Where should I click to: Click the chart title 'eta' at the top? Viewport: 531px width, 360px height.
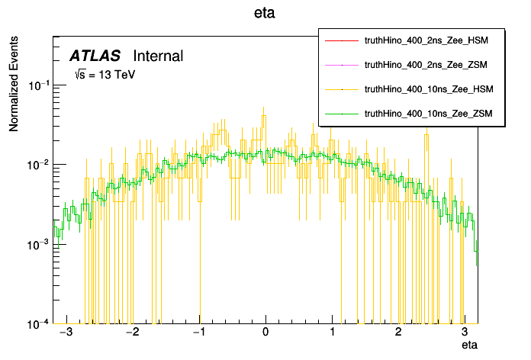tap(265, 13)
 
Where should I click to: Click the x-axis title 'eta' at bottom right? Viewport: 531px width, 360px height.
tap(470, 346)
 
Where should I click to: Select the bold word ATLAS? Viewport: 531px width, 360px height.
tap(95, 56)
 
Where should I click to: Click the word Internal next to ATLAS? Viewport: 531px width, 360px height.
tap(158, 56)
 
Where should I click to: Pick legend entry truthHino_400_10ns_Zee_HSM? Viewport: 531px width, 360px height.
tap(430, 89)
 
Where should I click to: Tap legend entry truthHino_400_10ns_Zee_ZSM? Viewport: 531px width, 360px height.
tap(430, 114)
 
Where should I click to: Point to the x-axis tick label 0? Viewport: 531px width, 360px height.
tap(265, 333)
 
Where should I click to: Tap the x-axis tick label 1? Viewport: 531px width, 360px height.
tap(332, 333)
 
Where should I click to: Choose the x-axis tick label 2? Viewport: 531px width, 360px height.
tap(398, 333)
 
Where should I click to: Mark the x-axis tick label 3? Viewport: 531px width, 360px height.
tap(465, 333)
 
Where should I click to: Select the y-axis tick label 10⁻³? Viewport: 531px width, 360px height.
tap(38, 244)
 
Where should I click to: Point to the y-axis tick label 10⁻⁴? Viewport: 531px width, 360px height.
tap(38, 323)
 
